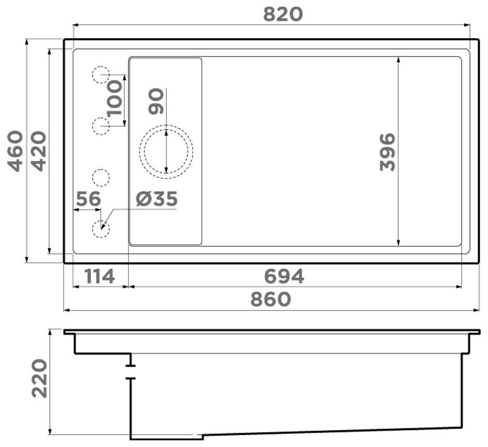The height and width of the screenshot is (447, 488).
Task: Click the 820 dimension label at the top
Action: [x=283, y=14]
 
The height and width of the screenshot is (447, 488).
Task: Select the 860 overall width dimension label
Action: [x=271, y=299]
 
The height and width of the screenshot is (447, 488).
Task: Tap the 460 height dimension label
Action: [x=15, y=151]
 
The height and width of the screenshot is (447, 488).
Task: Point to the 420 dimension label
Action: [x=39, y=151]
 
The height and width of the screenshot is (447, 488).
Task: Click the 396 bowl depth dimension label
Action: [x=388, y=152]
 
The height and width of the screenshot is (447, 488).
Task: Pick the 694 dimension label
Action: [x=284, y=277]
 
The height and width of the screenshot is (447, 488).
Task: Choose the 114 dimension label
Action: [x=99, y=277]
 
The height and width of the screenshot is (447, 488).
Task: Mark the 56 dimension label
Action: [x=89, y=199]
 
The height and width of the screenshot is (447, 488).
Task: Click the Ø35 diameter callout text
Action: [x=156, y=199]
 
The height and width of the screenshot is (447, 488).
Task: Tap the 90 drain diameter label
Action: [x=156, y=101]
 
